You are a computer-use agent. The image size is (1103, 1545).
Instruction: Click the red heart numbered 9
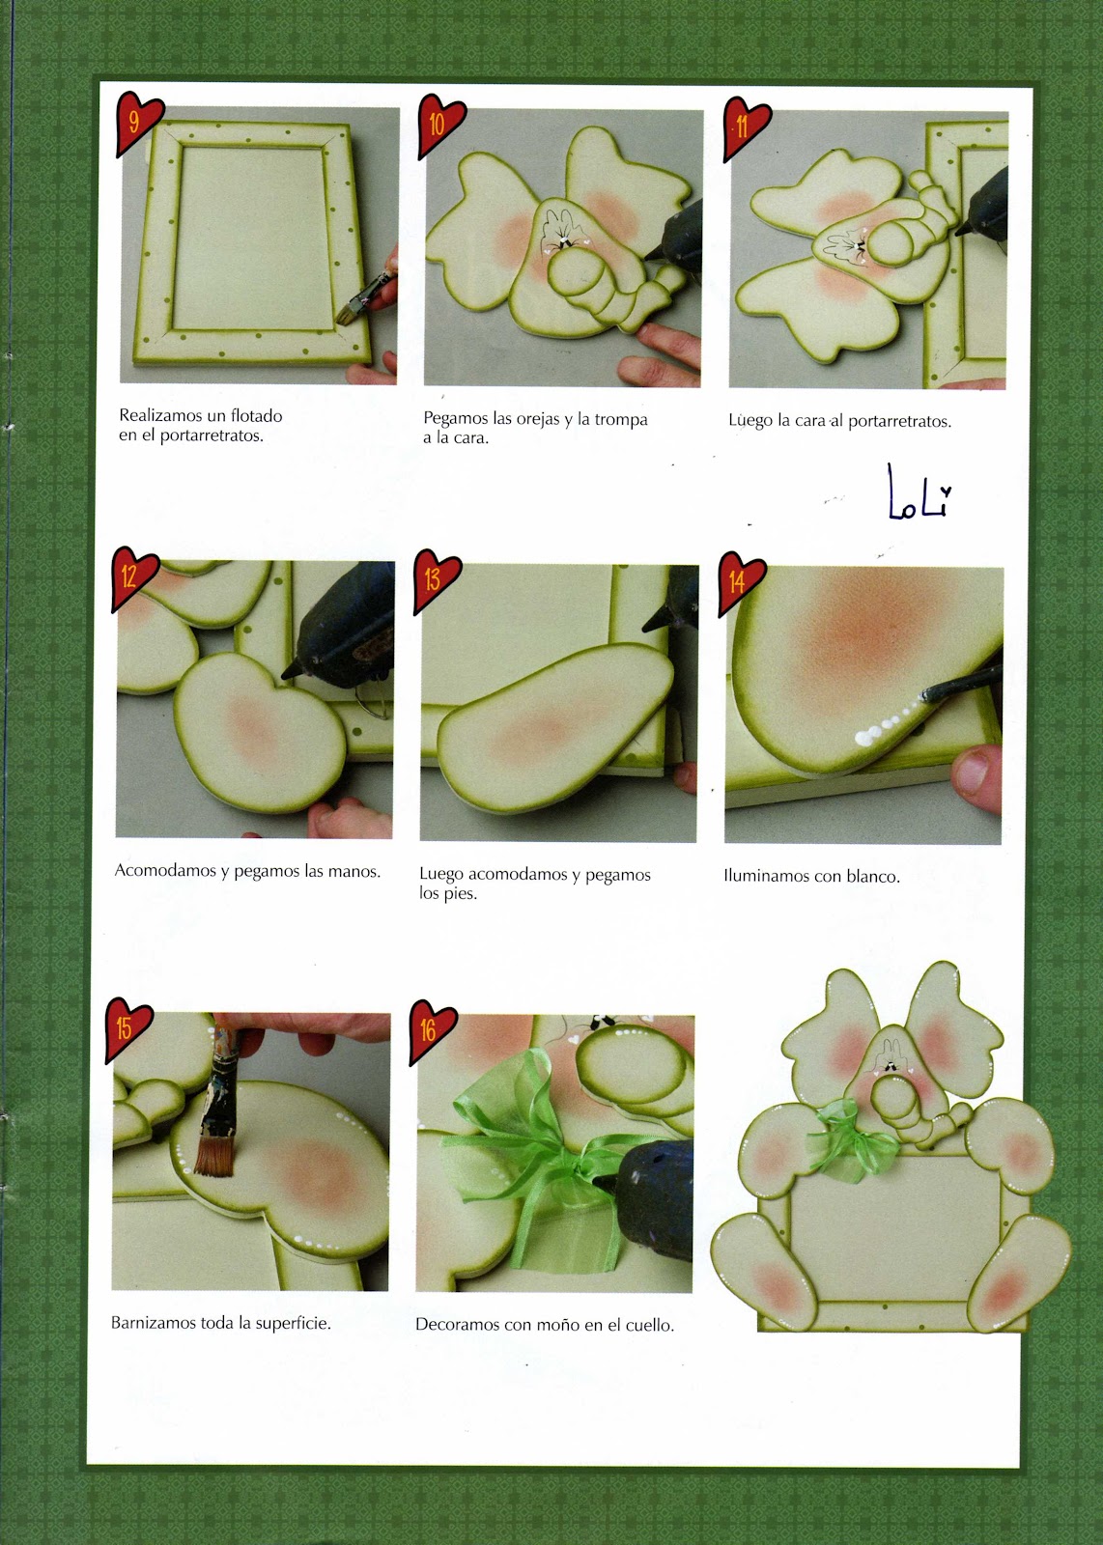[138, 123]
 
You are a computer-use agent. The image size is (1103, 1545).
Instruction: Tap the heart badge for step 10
[440, 126]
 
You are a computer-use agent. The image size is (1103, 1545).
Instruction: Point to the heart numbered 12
[133, 578]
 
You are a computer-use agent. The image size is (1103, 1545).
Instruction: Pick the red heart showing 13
[436, 581]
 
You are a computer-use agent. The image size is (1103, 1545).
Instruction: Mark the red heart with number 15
[127, 1029]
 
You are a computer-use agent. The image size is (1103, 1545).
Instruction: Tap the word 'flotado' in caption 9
[256, 416]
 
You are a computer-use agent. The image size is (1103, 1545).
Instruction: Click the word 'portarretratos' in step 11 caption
[899, 422]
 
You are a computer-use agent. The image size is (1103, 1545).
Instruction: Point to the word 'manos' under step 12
[354, 871]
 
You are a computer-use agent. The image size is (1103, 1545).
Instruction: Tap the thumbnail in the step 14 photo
[974, 772]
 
